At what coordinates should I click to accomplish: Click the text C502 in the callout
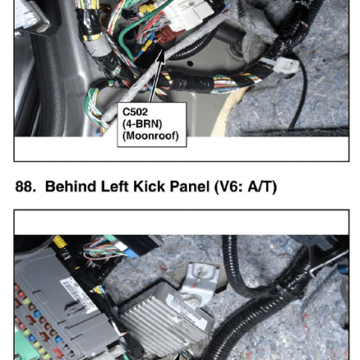135,112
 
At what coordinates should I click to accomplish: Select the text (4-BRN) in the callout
142,124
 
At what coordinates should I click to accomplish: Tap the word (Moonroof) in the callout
151,136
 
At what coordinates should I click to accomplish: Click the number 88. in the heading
25,187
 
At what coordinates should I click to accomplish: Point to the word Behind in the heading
70,187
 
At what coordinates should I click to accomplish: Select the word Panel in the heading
190,187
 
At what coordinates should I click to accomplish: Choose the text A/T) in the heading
262,187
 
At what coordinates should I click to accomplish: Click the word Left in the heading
115,187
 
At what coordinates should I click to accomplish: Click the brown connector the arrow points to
167,37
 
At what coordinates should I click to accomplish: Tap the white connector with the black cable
286,66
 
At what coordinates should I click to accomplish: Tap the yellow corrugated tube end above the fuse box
60,241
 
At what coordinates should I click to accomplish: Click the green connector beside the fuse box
27,345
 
